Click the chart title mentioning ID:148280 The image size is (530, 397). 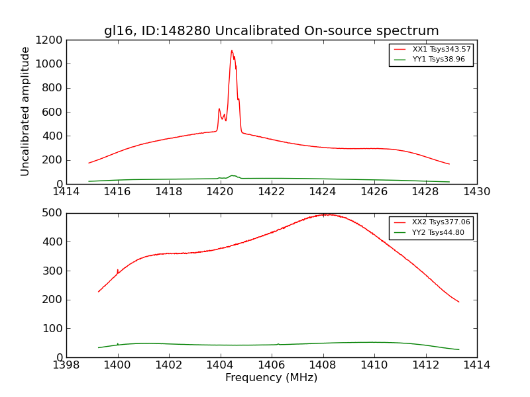[x=271, y=31]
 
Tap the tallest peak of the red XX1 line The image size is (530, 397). [x=232, y=51]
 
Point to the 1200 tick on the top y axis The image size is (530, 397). [x=50, y=40]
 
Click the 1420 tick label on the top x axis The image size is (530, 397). [x=220, y=192]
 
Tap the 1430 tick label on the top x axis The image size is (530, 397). [x=476, y=192]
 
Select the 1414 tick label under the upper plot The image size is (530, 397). [x=66, y=192]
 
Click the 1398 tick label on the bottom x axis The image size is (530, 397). [x=66, y=365]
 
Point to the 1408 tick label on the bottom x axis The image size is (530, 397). [x=323, y=365]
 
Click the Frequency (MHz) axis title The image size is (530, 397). [x=271, y=378]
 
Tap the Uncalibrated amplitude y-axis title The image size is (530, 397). [x=26, y=111]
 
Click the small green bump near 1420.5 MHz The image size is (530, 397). [x=233, y=176]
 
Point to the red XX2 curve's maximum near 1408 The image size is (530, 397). [x=325, y=214]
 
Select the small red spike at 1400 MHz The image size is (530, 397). [x=118, y=270]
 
